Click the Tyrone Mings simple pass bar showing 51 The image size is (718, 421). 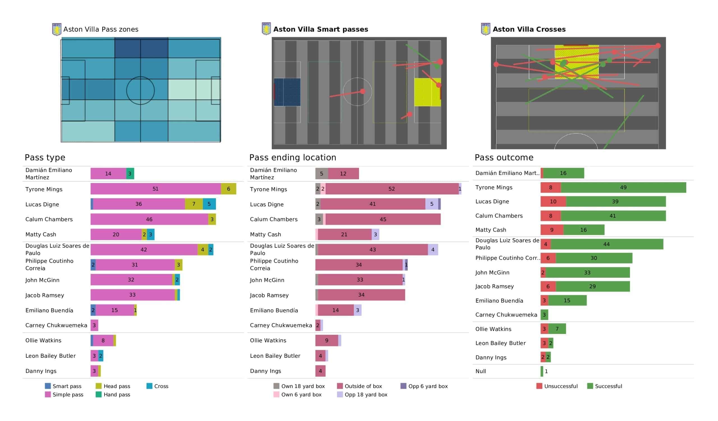pyautogui.click(x=156, y=189)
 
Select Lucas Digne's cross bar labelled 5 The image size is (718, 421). pyautogui.click(x=209, y=204)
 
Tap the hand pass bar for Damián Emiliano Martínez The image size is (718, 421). pyautogui.click(x=130, y=174)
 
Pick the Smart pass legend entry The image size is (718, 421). pyautogui.click(x=63, y=386)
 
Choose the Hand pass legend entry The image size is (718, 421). pyautogui.click(x=113, y=394)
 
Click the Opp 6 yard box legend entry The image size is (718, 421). pyautogui.click(x=424, y=386)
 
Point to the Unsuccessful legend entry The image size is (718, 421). pyautogui.click(x=557, y=386)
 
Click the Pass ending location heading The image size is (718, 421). pyautogui.click(x=293, y=157)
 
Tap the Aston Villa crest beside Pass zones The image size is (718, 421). pyautogui.click(x=57, y=29)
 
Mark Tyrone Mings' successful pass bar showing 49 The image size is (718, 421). pyautogui.click(x=623, y=188)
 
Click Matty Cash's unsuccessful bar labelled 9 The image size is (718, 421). pyautogui.click(x=552, y=230)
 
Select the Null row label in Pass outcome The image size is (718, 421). pyautogui.click(x=481, y=371)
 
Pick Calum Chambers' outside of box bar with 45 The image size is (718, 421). pyautogui.click(x=383, y=219)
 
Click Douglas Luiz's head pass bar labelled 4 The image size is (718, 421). pyautogui.click(x=202, y=249)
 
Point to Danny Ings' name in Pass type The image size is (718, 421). pyautogui.click(x=41, y=371)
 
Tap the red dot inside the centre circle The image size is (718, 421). pyautogui.click(x=362, y=91)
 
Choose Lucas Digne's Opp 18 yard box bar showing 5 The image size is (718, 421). pyautogui.click(x=432, y=204)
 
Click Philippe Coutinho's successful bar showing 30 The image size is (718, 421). pyautogui.click(x=594, y=258)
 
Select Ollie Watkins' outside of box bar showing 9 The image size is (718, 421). pyautogui.click(x=326, y=340)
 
